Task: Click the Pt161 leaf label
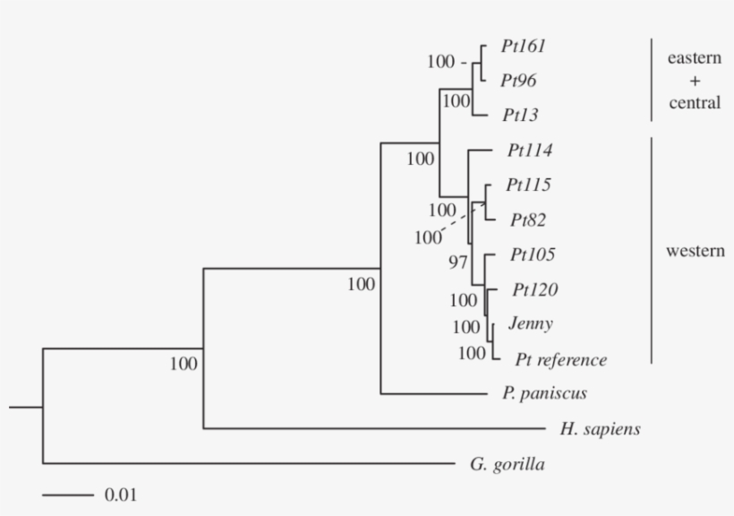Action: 524,46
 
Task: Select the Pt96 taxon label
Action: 519,81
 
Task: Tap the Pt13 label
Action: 519,116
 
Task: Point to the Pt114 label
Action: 529,150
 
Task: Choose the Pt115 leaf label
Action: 528,185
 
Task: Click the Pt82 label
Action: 528,219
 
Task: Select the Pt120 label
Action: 535,289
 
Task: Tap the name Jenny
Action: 530,323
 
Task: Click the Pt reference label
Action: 561,360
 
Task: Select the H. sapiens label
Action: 600,429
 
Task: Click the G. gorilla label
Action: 507,464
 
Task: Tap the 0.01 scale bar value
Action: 122,494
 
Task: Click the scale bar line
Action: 67,494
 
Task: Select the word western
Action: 695,251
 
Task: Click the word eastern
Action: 695,58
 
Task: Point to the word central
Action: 695,103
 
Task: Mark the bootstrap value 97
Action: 458,262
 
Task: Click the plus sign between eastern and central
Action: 694,81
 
